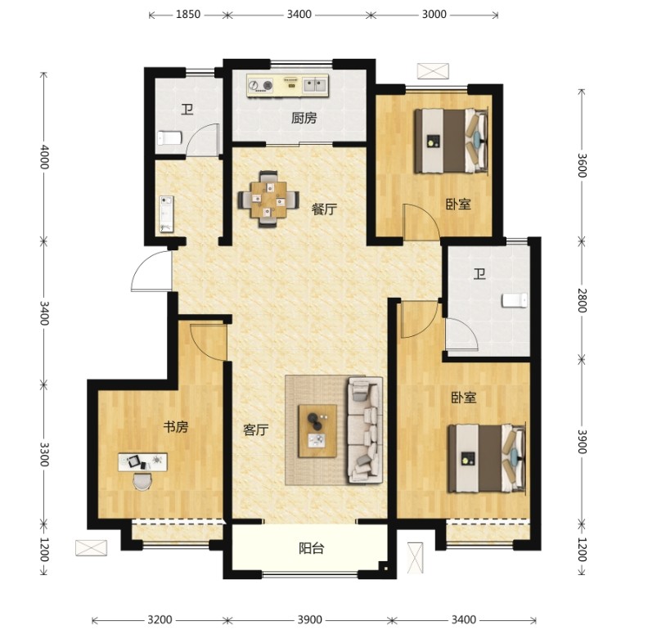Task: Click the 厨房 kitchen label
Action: [304, 119]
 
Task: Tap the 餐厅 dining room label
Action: [324, 209]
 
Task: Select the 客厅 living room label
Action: [255, 429]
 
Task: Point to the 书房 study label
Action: [176, 428]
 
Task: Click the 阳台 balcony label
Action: [312, 548]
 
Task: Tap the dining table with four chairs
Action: [268, 200]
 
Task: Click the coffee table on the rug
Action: [317, 430]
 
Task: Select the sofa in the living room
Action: [365, 430]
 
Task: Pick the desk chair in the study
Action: [143, 481]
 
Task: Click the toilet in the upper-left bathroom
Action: [169, 137]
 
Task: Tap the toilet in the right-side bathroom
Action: [515, 300]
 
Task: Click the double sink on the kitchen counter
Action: [315, 85]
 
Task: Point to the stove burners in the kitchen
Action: [260, 86]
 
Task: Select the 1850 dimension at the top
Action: [187, 15]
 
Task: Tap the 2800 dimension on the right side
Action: [582, 300]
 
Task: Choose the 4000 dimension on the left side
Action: [44, 157]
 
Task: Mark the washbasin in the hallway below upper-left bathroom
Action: [166, 214]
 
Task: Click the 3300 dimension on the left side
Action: [44, 454]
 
